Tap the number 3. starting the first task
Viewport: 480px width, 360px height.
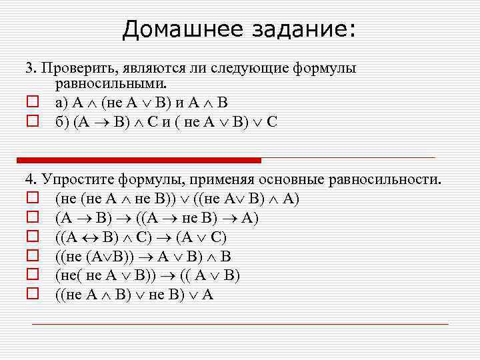click(x=30, y=69)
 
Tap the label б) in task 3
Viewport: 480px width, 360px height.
click(x=62, y=122)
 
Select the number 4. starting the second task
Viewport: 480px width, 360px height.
click(x=30, y=179)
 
